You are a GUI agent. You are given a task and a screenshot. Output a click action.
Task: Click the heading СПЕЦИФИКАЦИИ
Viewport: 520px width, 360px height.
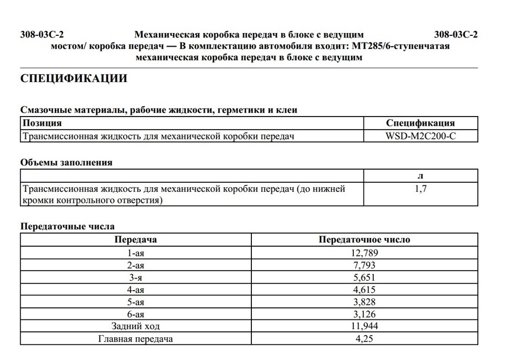point(74,79)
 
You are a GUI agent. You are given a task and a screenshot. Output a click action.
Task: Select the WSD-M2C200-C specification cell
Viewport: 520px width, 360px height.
point(420,136)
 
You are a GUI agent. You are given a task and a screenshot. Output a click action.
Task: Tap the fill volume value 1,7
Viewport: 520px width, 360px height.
point(420,189)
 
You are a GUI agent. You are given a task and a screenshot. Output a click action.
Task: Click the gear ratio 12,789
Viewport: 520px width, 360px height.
point(364,253)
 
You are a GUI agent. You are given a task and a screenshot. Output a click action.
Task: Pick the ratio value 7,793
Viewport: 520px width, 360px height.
point(364,265)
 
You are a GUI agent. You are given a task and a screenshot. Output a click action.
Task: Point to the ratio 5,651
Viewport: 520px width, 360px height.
point(364,278)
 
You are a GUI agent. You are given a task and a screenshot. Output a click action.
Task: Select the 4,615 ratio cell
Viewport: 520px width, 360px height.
point(364,290)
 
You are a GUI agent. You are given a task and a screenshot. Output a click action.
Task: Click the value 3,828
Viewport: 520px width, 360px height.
point(364,302)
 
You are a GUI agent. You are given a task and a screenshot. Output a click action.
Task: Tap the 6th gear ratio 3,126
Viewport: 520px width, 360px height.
point(364,314)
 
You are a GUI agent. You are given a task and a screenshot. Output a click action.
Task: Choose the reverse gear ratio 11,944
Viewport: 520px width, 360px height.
point(364,326)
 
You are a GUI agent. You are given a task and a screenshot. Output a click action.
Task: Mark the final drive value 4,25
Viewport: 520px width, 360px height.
point(364,339)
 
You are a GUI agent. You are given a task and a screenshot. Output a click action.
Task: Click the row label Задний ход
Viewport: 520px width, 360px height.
point(136,326)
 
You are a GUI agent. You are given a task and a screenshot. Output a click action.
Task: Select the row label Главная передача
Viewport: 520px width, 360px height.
point(136,339)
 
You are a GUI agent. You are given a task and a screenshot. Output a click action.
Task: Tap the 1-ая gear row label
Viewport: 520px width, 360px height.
point(136,253)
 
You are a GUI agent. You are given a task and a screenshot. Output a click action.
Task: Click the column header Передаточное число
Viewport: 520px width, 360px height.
point(364,240)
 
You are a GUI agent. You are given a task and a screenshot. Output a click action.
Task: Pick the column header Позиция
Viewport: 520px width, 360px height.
point(42,123)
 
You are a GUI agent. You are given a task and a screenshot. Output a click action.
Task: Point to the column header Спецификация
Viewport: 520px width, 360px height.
point(420,123)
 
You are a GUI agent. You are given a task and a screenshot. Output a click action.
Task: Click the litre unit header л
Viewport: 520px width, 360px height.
point(420,176)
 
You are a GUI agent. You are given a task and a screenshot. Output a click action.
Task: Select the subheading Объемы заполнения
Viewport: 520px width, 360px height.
point(66,162)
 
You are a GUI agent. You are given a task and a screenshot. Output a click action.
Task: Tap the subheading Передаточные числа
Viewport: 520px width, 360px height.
point(67,226)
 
